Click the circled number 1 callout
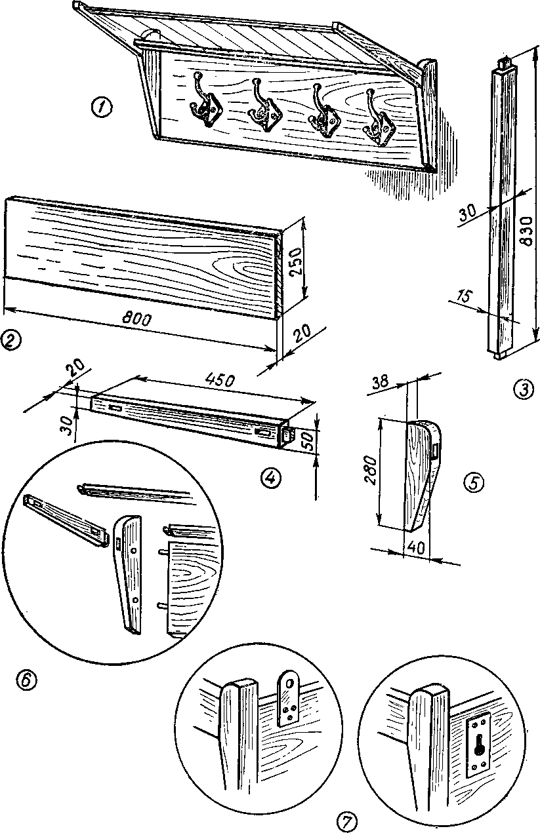click(x=102, y=107)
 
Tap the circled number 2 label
click(x=10, y=339)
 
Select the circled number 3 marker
click(x=522, y=389)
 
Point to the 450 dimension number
click(x=223, y=379)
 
